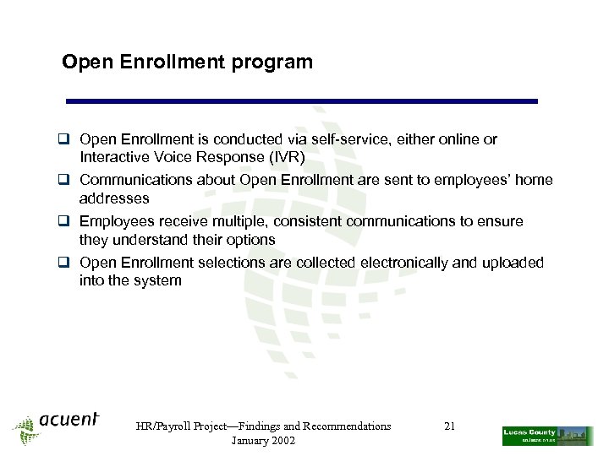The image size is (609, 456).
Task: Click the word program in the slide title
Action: (277, 62)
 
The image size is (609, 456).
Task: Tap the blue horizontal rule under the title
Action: (302, 101)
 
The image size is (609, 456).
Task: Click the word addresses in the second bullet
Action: (114, 198)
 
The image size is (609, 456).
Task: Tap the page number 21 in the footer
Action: (449, 426)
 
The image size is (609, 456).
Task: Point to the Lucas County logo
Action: (547, 435)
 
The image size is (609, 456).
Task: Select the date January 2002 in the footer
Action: (263, 441)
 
